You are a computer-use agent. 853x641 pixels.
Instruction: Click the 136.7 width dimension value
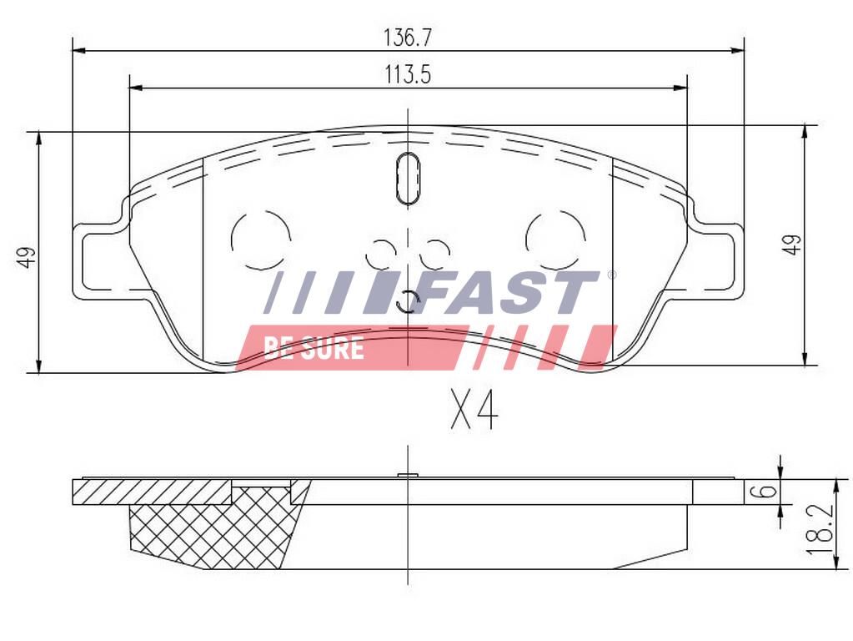click(408, 38)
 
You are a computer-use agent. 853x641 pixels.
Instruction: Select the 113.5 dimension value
click(408, 74)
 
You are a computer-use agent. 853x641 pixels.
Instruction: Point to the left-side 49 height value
click(26, 256)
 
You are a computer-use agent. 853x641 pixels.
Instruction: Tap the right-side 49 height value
click(791, 245)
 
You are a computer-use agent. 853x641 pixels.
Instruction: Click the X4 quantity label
click(474, 410)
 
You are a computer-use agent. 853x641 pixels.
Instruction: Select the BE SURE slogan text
click(314, 347)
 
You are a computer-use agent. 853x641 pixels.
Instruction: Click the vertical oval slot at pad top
click(408, 178)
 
